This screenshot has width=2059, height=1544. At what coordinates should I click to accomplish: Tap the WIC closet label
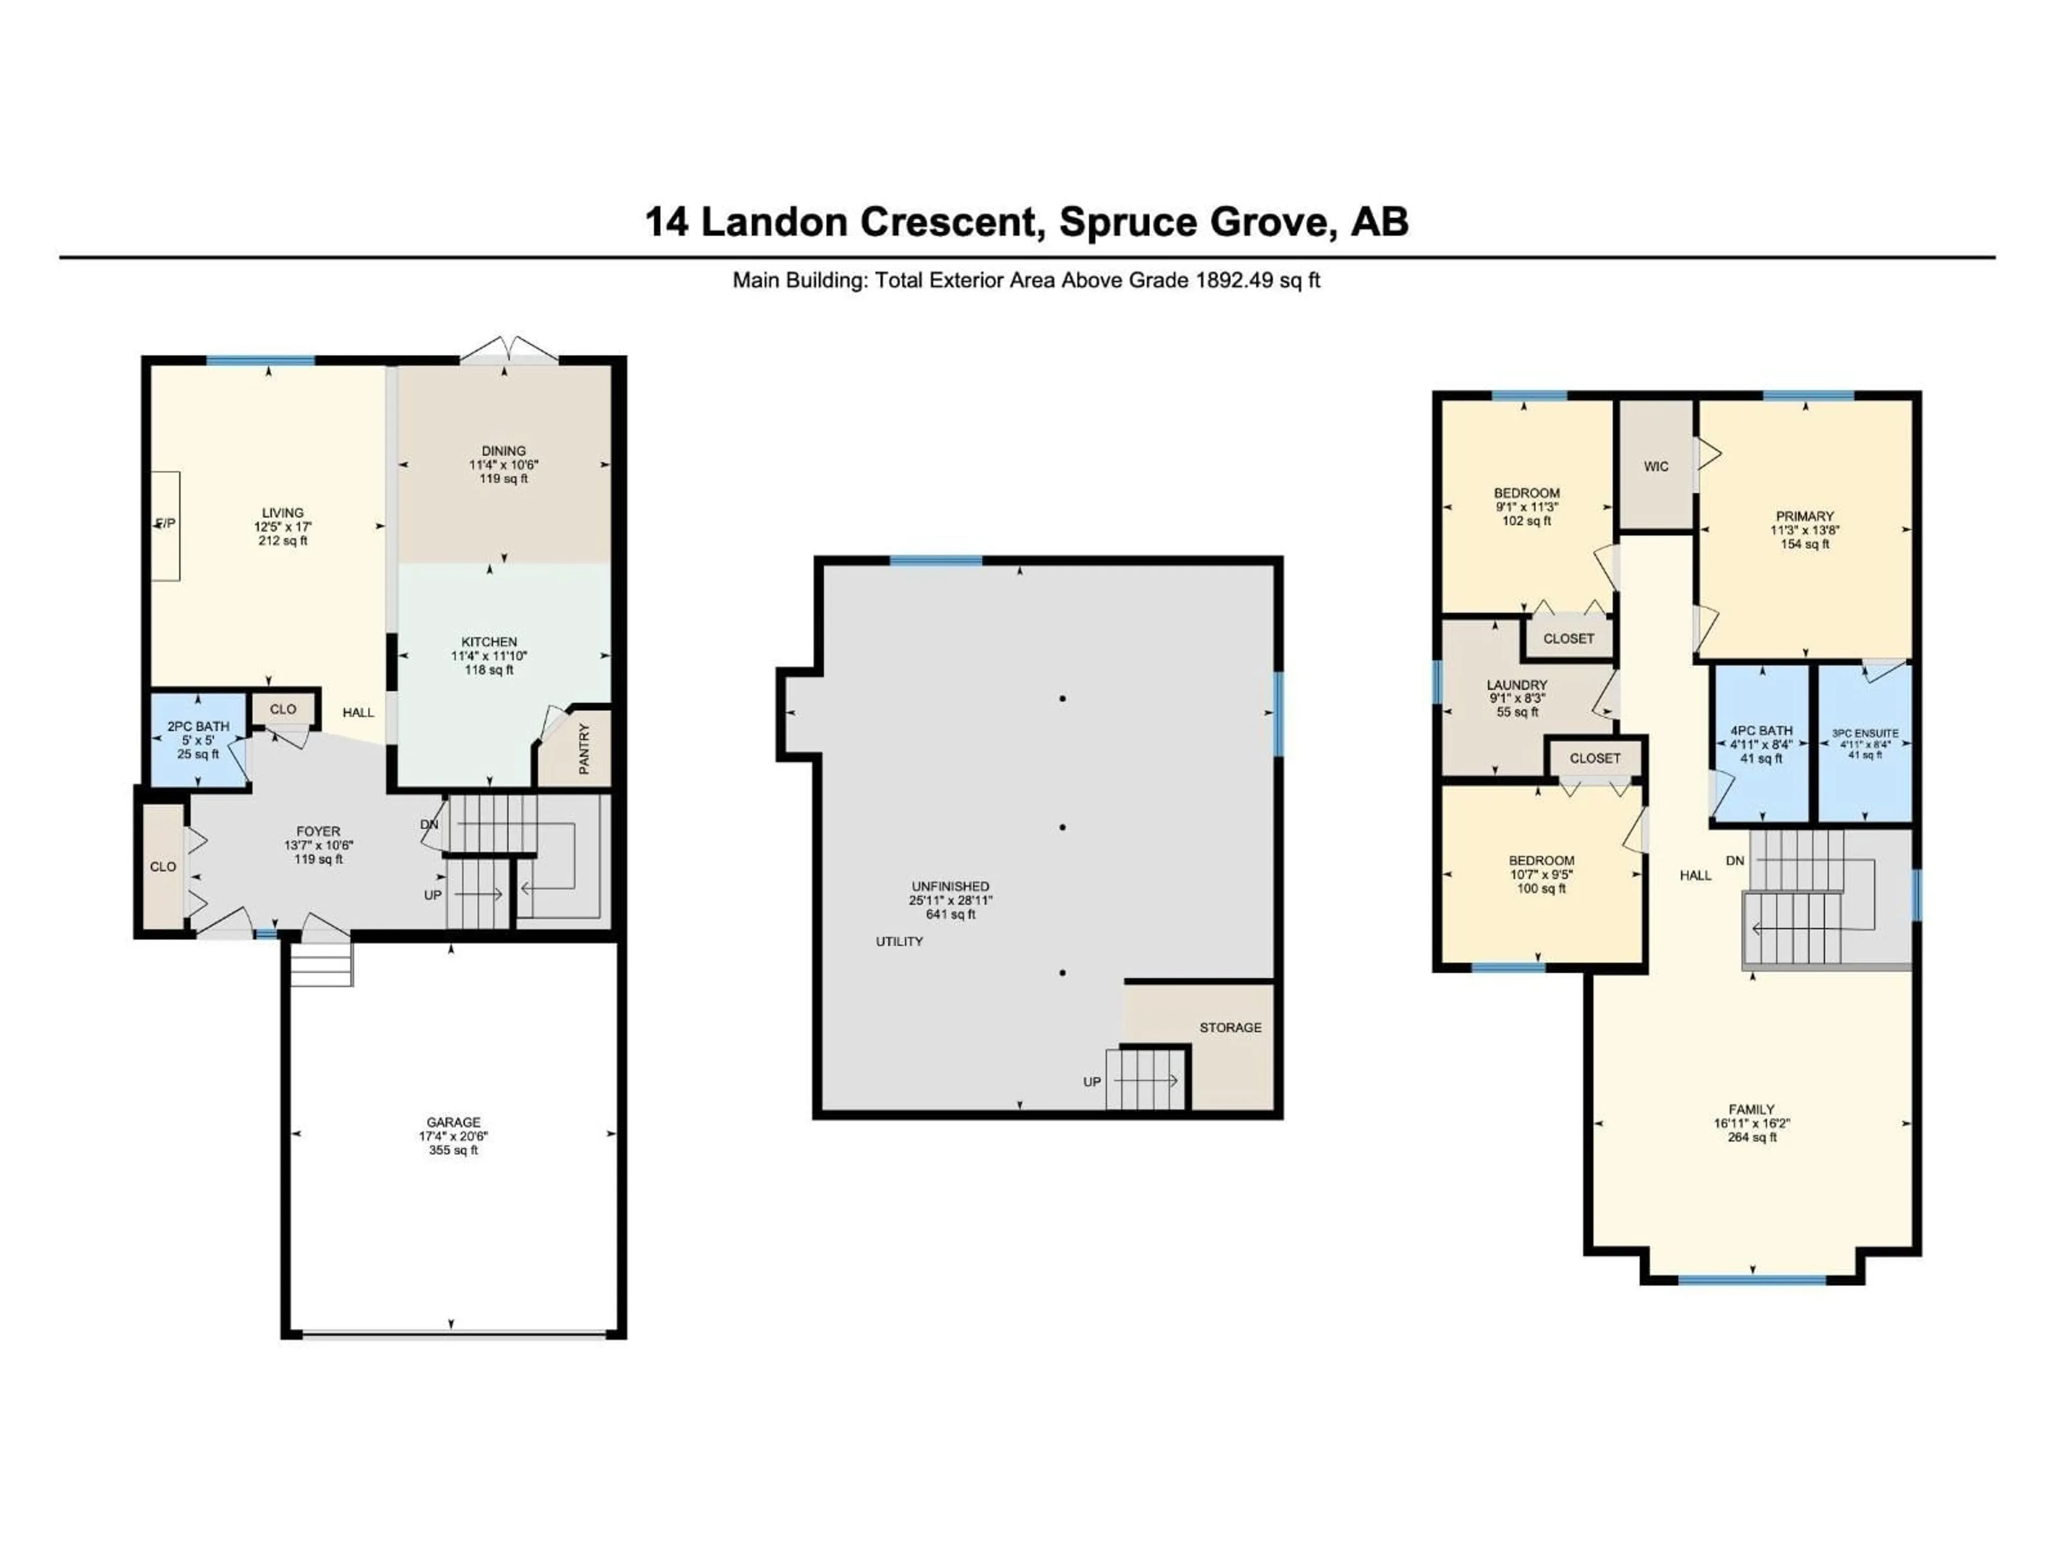tap(1656, 466)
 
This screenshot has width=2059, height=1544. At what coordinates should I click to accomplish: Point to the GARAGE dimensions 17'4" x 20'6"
tap(453, 1137)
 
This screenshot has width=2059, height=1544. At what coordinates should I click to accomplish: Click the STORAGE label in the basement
tap(1230, 1028)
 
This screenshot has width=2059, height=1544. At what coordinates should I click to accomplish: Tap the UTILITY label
tap(899, 942)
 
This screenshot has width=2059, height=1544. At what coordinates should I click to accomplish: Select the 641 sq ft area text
tap(950, 914)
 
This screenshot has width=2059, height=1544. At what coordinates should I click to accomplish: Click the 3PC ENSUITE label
tap(1864, 733)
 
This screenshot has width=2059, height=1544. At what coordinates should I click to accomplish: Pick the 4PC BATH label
tap(1761, 731)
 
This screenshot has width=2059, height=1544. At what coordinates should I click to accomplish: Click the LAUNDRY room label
tap(1517, 685)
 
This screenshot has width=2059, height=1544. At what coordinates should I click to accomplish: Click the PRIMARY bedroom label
tap(1805, 516)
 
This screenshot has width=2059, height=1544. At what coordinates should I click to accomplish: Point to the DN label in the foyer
tap(429, 825)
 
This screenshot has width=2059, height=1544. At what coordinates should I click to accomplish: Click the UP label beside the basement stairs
tap(1092, 1081)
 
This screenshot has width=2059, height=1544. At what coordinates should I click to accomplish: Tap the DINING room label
tap(503, 450)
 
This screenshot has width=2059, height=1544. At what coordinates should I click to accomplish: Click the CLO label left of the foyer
tap(163, 866)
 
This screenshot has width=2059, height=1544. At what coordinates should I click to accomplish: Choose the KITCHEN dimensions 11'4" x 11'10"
tap(490, 656)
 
